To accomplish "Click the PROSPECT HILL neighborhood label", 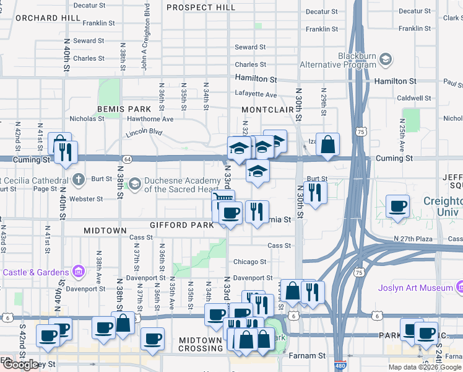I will click(x=201, y=7).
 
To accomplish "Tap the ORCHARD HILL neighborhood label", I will click(x=48, y=18).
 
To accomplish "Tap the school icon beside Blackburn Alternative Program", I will click(x=386, y=60).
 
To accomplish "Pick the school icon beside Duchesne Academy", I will click(x=134, y=184).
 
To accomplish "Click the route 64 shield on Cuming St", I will click(x=126, y=159).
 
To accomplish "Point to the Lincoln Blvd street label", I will click(x=144, y=131).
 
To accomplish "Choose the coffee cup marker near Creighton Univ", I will click(x=397, y=206).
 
